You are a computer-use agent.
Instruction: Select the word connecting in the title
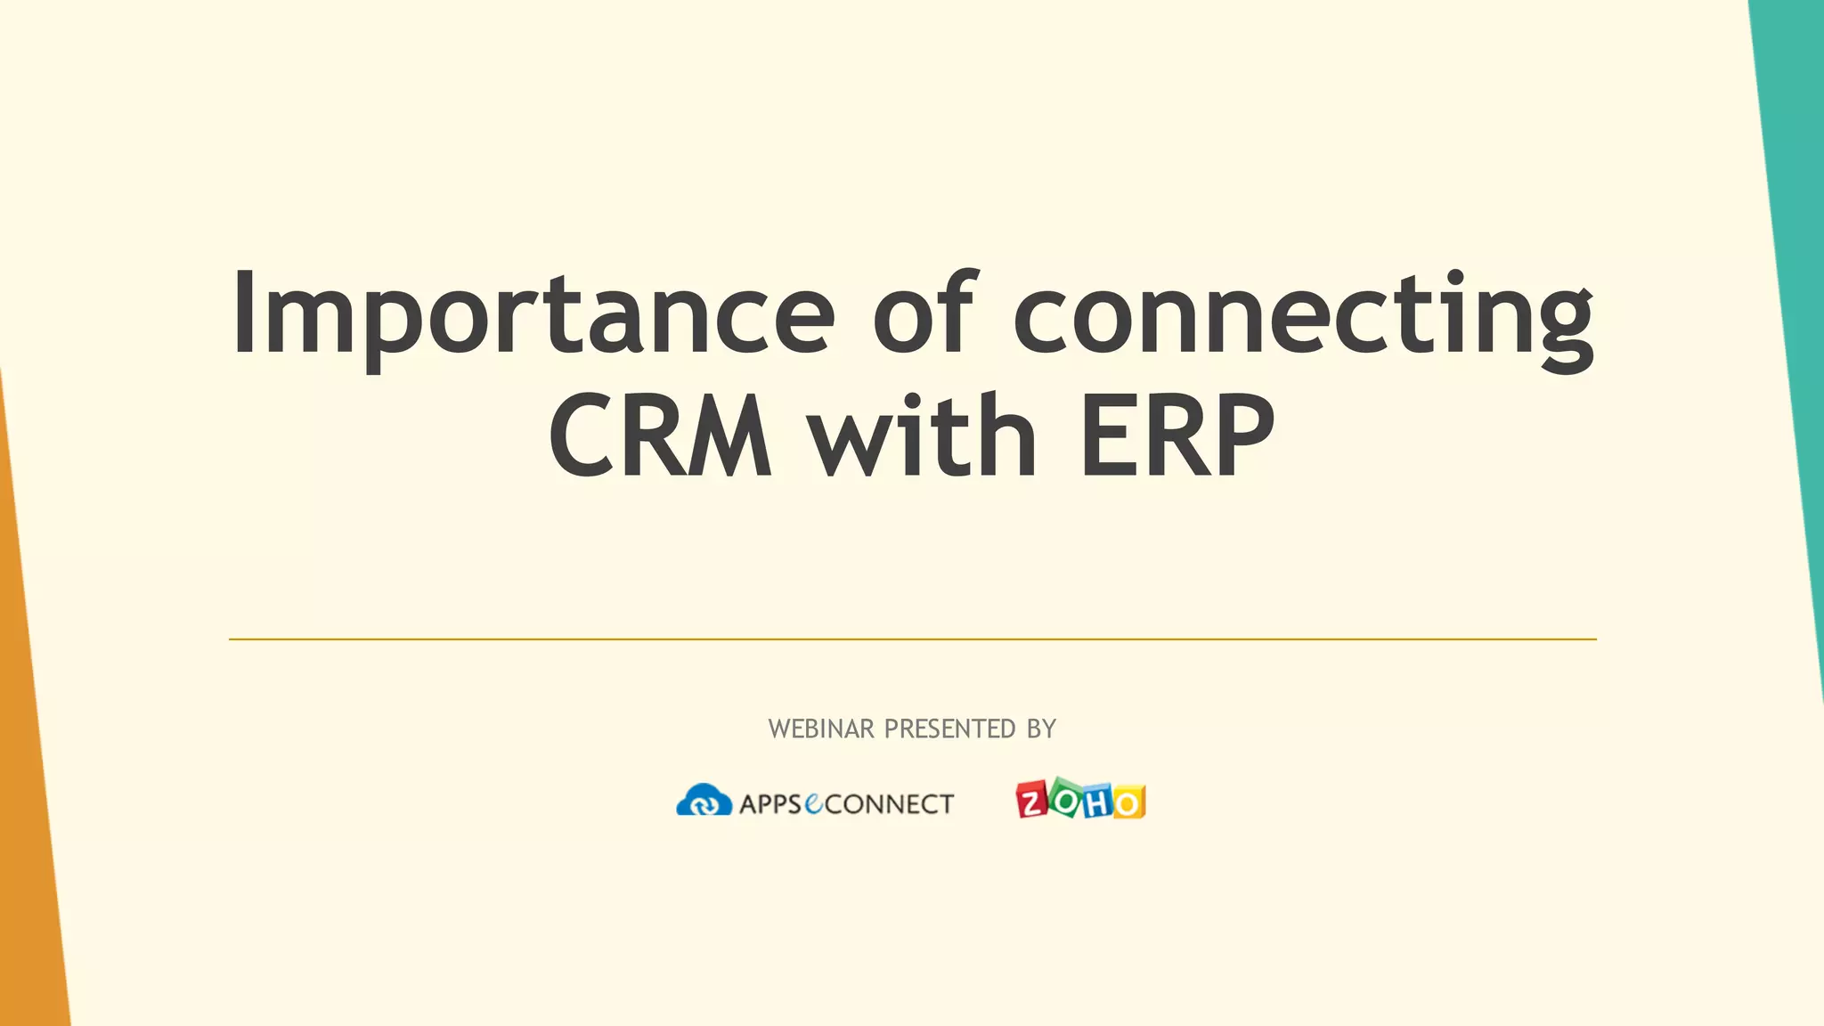[1303, 316]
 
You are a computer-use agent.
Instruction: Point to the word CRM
[660, 436]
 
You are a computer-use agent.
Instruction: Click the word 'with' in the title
[922, 436]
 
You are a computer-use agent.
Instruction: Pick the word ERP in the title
[1177, 436]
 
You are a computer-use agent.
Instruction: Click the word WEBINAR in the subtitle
[821, 729]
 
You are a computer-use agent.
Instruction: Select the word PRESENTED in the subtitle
[949, 729]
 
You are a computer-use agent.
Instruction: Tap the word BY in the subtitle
[1041, 729]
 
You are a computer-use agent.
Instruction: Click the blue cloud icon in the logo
[704, 801]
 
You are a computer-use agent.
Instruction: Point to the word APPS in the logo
[770, 804]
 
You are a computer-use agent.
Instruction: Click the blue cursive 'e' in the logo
[814, 803]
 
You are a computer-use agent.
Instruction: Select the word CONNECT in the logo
[890, 804]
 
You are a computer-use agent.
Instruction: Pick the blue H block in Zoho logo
[1097, 802]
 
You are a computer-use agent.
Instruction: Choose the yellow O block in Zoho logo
[1128, 802]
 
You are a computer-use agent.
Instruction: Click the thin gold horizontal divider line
[912, 639]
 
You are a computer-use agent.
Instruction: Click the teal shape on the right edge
[1795, 267]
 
